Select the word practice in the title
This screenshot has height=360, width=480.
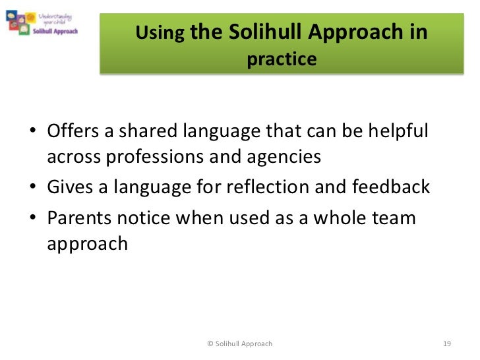(282, 60)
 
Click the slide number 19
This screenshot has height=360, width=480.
(446, 344)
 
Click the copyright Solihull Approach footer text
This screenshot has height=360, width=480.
(239, 344)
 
